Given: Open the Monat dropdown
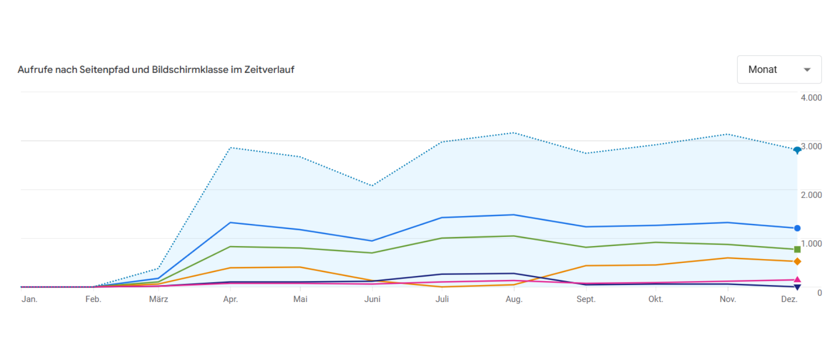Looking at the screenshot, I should (x=778, y=69).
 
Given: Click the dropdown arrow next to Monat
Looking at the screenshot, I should (x=806, y=70).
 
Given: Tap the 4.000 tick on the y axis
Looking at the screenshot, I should (x=811, y=98).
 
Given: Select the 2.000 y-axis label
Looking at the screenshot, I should (x=811, y=195).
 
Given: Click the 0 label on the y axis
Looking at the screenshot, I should (x=819, y=293).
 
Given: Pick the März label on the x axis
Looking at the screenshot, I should (x=158, y=299).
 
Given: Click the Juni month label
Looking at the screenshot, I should (x=372, y=299).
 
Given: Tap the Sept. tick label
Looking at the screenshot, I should (x=585, y=299).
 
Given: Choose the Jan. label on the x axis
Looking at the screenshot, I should (x=29, y=299).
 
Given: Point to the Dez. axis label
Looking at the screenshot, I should (x=789, y=299).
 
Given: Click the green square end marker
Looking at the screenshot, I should (x=797, y=249).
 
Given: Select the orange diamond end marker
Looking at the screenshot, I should (x=797, y=261).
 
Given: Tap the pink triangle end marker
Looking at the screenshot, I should (x=797, y=279).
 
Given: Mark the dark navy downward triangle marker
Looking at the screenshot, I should (x=797, y=287).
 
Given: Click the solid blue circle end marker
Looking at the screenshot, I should (x=797, y=228).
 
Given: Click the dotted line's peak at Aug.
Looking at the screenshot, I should (x=513, y=133).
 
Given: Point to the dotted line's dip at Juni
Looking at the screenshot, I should (x=372, y=185).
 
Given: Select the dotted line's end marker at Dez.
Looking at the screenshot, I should (x=797, y=149).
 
